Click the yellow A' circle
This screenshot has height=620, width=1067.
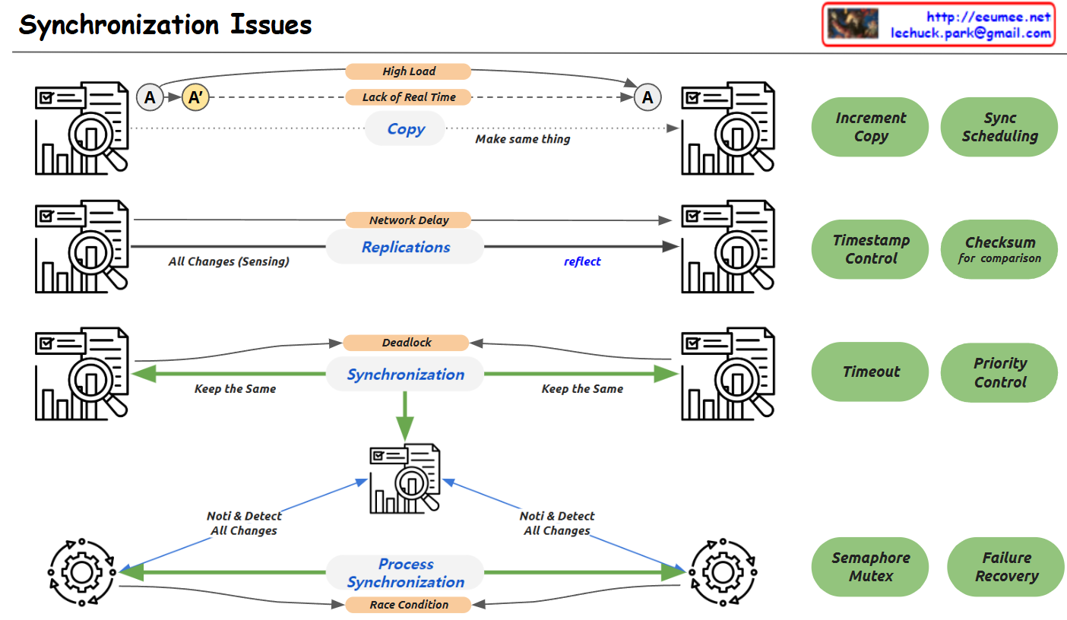click(195, 97)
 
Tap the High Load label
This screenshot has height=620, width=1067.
click(408, 71)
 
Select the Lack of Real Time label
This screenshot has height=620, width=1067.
click(408, 97)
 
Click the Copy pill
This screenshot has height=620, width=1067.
click(405, 128)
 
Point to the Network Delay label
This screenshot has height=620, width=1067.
click(408, 220)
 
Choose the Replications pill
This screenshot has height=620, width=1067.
click(405, 247)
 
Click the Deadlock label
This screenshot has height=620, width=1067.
click(406, 343)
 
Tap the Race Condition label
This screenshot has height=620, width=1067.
click(408, 605)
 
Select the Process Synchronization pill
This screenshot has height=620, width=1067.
click(405, 572)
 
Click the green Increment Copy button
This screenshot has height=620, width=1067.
click(870, 127)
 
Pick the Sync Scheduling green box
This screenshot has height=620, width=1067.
click(999, 127)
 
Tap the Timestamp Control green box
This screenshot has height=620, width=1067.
click(870, 249)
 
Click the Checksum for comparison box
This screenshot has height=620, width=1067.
click(999, 249)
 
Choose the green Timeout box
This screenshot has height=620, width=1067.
click(870, 372)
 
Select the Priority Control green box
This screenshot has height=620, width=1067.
click(999, 372)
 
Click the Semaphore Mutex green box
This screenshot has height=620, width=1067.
click(870, 567)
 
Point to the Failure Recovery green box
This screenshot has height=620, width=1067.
click(1006, 567)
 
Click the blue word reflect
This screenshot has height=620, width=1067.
click(582, 261)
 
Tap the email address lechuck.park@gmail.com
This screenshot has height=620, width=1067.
click(970, 33)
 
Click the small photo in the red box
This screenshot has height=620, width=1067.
click(853, 24)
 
